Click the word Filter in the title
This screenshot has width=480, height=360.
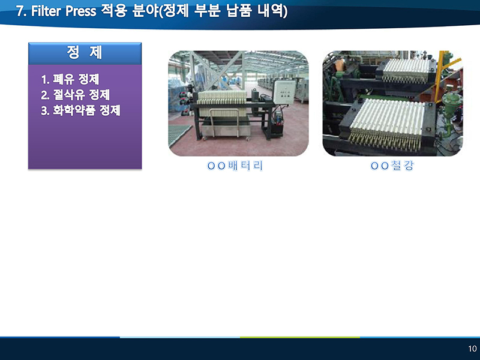pyautogui.click(x=47, y=11)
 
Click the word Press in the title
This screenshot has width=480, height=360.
pyautogui.click(x=81, y=11)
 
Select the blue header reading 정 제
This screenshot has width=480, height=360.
pyautogui.click(x=85, y=53)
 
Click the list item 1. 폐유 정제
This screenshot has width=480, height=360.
pyautogui.click(x=70, y=79)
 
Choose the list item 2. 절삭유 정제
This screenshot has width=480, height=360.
pyautogui.click(x=76, y=95)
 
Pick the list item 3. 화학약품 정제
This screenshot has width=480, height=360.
pyautogui.click(x=81, y=110)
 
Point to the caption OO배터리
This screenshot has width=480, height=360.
pyautogui.click(x=235, y=166)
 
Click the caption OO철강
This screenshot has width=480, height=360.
pyautogui.click(x=392, y=166)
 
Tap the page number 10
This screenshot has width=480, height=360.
pyautogui.click(x=472, y=349)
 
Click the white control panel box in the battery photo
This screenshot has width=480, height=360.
pyautogui.click(x=284, y=92)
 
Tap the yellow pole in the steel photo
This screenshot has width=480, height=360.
pyautogui.click(x=439, y=73)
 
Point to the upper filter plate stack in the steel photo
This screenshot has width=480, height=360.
pyautogui.click(x=407, y=71)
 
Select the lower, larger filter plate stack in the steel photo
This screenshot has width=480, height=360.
pyautogui.click(x=387, y=124)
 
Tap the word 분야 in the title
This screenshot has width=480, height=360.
pyautogui.click(x=144, y=11)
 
